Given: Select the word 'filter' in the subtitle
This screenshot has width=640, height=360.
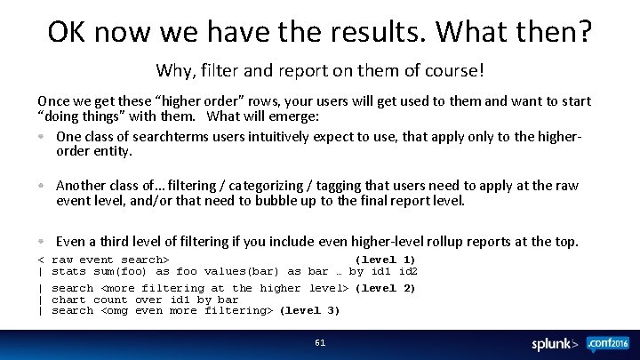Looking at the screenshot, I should (220, 68).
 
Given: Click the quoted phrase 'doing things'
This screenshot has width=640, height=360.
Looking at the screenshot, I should (82, 116).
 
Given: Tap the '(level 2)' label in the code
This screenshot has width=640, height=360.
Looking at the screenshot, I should (385, 288).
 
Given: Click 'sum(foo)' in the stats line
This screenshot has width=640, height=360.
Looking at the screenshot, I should (120, 271).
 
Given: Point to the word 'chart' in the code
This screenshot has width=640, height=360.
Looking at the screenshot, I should (70, 300).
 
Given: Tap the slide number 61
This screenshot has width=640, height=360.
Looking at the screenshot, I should (320, 342).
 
